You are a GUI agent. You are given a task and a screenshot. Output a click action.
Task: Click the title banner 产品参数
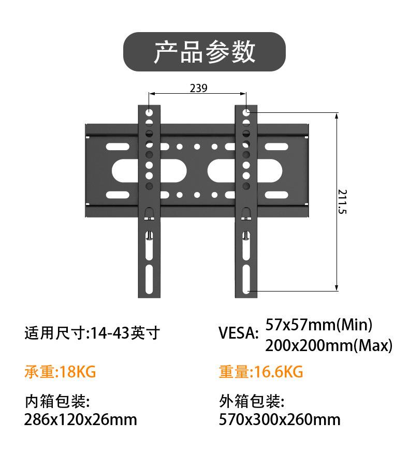(x=204, y=52)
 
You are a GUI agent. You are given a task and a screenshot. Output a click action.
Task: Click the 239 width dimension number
(x=198, y=88)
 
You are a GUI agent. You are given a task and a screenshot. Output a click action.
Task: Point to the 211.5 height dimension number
(x=342, y=201)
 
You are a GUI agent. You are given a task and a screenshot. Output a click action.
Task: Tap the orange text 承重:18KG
(x=60, y=372)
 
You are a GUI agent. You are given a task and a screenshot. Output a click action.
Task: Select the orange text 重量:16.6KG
(x=261, y=372)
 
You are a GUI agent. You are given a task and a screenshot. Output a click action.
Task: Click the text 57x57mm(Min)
(x=318, y=325)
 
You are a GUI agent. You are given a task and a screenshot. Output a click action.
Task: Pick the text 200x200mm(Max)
(x=329, y=346)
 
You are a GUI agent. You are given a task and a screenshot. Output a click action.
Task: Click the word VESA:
(x=239, y=333)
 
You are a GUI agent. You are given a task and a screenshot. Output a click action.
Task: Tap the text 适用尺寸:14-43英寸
(x=93, y=333)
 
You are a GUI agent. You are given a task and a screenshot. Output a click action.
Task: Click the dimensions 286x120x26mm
(x=81, y=419)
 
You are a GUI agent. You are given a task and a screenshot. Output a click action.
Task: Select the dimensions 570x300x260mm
(x=280, y=419)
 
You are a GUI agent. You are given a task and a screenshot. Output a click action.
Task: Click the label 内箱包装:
(x=57, y=401)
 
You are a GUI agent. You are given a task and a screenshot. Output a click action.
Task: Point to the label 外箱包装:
(x=252, y=401)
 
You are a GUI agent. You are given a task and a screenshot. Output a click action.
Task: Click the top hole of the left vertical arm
(x=149, y=113)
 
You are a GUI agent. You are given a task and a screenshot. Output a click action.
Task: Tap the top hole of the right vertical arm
(x=246, y=113)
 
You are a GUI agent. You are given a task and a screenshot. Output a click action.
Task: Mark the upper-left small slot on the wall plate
(x=118, y=147)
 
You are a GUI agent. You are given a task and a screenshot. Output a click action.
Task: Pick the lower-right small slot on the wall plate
(x=276, y=195)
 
